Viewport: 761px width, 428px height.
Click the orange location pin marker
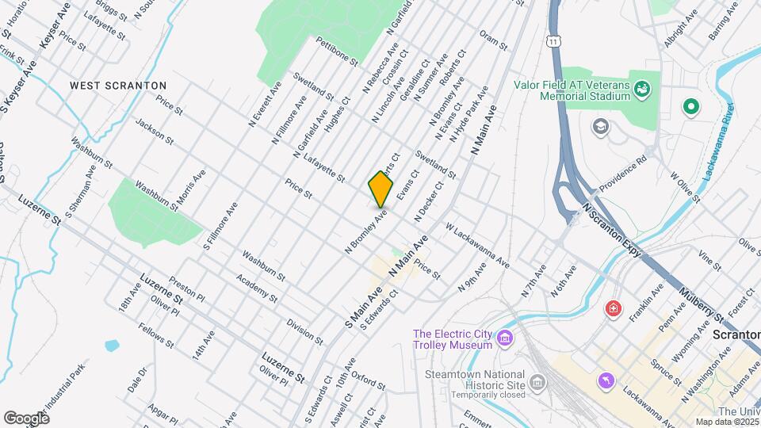coord(380,189)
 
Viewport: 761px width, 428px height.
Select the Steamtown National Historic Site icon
coord(537,384)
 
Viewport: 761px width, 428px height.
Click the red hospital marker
coord(611,308)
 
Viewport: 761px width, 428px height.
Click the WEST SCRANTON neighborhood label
coord(118,85)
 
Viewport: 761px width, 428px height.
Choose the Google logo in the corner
coord(26,418)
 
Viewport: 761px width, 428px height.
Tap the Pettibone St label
coord(337,50)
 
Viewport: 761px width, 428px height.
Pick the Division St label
coord(305,331)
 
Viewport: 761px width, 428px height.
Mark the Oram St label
coord(492,40)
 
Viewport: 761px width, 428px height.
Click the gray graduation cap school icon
coord(602,126)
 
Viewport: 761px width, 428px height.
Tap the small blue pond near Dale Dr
coord(112,346)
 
